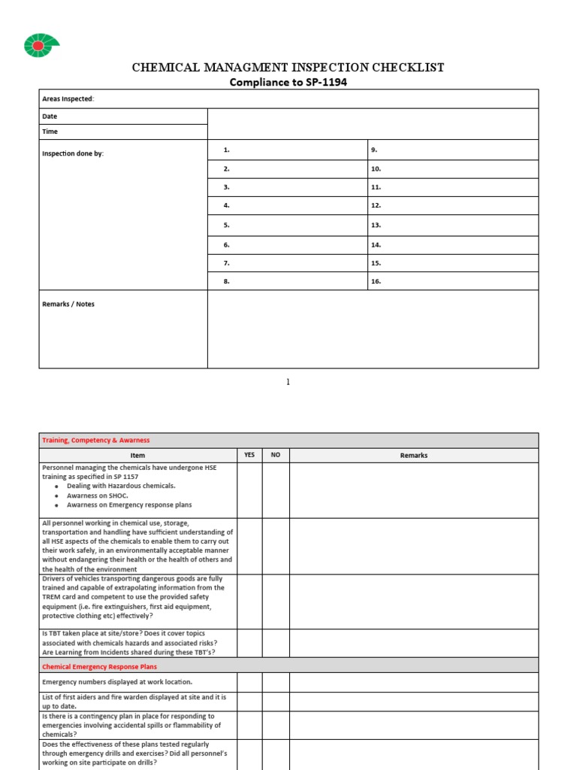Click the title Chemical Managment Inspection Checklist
pos(288,68)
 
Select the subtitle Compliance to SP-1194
pos(288,83)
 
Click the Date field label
pos(50,117)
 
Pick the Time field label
pos(50,132)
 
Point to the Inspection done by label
pos(73,153)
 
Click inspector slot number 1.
pos(226,150)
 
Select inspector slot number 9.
pos(374,150)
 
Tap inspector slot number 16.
pos(376,281)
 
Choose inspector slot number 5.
pos(226,225)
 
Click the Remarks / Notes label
pos(68,305)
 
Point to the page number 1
pos(288,382)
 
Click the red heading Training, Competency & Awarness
pos(95,441)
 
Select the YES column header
pos(249,455)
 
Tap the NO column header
pos(276,455)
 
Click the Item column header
pos(137,456)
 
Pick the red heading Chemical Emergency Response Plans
pos(99,666)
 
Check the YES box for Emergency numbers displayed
pos(249,682)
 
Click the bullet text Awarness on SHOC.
pos(98,496)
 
